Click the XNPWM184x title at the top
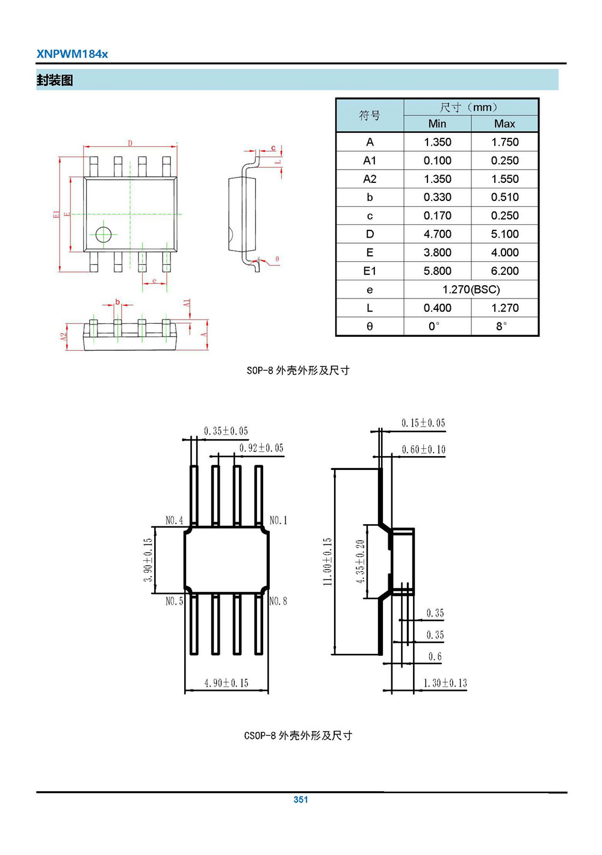coord(72,54)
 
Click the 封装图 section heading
coord(55,81)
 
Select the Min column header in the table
coord(437,124)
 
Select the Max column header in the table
coord(504,124)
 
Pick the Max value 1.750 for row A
coord(504,143)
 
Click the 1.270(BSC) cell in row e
coord(471,289)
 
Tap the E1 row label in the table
coord(370,271)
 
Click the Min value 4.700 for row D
coord(437,234)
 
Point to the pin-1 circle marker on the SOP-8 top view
coord(104,234)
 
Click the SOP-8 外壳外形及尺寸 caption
coord(298,371)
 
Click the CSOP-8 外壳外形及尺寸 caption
coord(298,736)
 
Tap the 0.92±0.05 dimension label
coord(261,448)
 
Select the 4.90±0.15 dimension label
coord(226,684)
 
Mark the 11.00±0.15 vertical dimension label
coord(327,561)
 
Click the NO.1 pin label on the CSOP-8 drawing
coord(278,520)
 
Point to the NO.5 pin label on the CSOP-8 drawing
coord(174,601)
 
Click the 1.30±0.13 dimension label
coord(445,684)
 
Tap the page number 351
coord(300,800)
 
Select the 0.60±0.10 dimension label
coord(424,450)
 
